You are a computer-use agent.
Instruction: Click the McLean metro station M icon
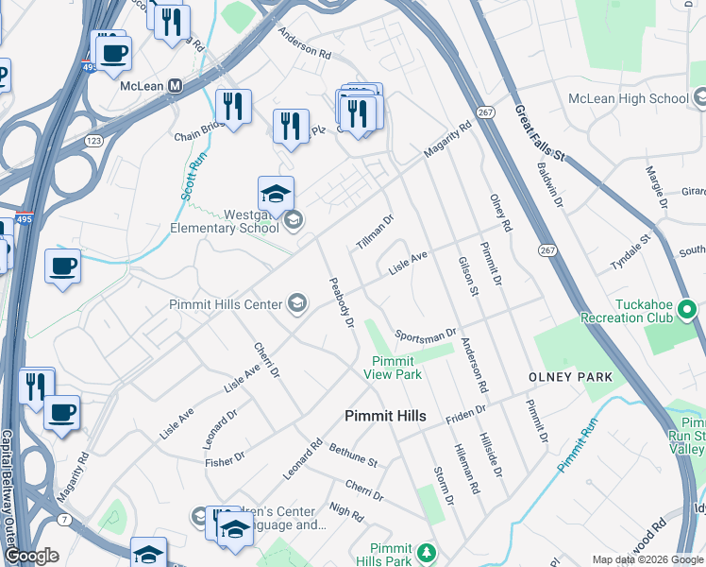click(x=176, y=85)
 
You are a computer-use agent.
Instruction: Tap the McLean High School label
click(x=628, y=98)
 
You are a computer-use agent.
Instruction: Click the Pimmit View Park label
click(x=393, y=368)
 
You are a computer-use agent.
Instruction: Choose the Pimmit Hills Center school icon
click(x=297, y=303)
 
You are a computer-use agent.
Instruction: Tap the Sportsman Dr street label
click(x=426, y=335)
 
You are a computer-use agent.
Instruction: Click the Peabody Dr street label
click(x=341, y=302)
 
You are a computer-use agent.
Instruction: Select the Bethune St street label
click(x=353, y=455)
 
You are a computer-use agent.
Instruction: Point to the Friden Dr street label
click(x=465, y=413)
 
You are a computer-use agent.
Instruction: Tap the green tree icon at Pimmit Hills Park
click(x=426, y=551)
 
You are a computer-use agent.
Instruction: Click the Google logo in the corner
click(x=32, y=557)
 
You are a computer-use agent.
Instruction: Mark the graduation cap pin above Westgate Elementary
click(x=276, y=194)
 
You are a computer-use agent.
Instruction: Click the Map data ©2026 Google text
click(x=647, y=559)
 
